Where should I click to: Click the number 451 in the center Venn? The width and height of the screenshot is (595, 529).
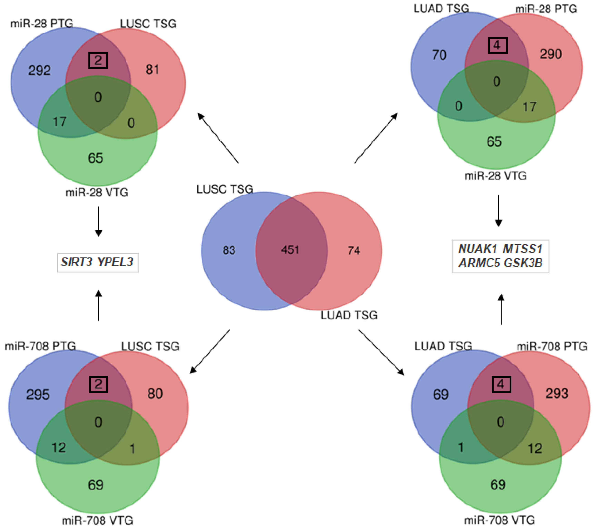290,250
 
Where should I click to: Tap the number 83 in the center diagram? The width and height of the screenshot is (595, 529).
229,250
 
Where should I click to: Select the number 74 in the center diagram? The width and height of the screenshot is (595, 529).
354,250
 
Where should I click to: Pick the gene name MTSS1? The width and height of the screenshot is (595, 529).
523,249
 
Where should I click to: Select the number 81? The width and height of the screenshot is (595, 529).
152,70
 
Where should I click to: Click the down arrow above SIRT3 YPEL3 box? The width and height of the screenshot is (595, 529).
99,221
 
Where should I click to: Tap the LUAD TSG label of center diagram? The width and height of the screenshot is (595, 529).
349,315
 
